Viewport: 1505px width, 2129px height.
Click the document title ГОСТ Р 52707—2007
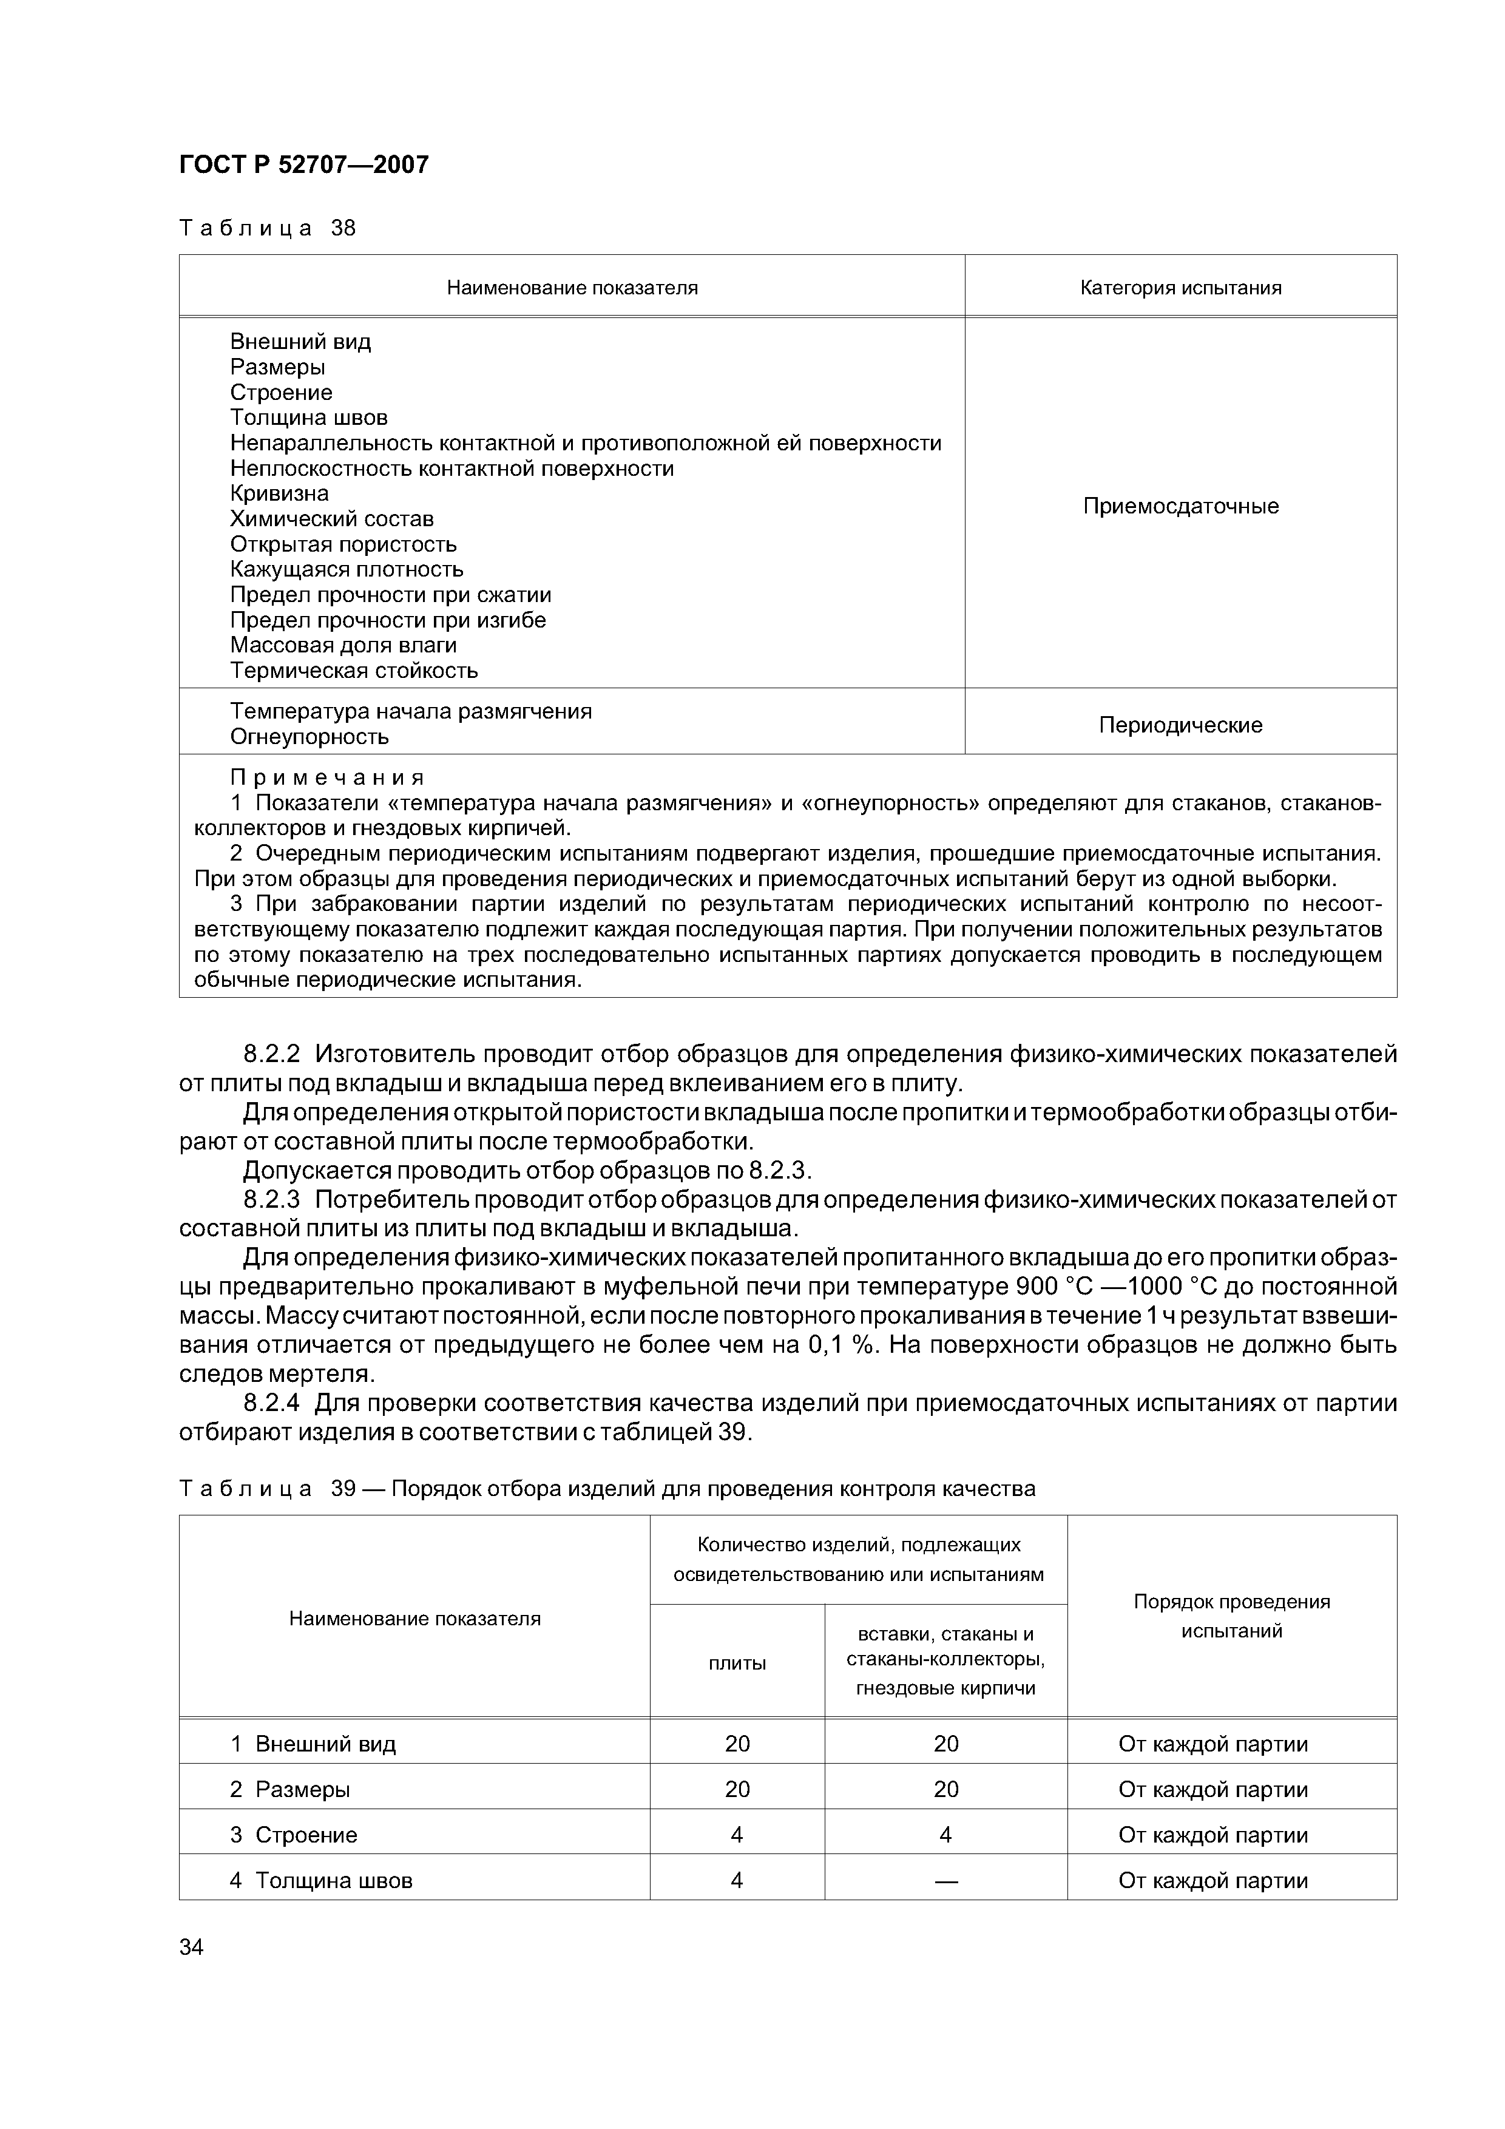(303, 165)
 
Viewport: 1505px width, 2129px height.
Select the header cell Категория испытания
(1180, 288)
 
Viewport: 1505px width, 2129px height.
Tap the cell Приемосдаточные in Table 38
(1180, 506)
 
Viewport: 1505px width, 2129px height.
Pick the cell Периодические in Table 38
(1180, 725)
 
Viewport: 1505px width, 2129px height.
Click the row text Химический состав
(331, 518)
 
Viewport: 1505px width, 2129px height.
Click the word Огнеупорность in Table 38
(309, 737)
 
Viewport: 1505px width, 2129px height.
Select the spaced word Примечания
(326, 777)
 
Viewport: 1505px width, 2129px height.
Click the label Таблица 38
(267, 228)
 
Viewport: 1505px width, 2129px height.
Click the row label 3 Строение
(293, 1835)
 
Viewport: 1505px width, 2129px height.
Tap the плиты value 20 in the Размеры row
(737, 1790)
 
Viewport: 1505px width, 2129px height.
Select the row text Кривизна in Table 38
(279, 493)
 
